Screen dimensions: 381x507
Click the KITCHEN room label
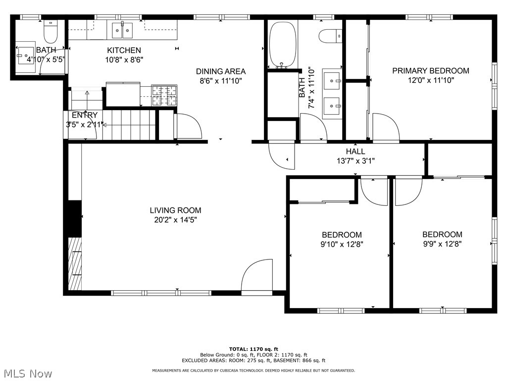[x=124, y=50]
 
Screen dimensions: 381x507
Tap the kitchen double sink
[x=122, y=30]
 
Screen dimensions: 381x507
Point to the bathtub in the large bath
[x=283, y=45]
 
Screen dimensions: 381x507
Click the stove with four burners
[x=164, y=95]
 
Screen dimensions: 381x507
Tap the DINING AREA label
[x=221, y=71]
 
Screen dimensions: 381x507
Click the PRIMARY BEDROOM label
[x=430, y=71]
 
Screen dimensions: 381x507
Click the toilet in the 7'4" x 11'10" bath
[x=329, y=36]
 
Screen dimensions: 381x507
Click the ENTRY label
[x=85, y=115]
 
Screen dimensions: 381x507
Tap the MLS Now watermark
[x=27, y=373]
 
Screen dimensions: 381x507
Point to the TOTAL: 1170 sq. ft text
[x=253, y=349]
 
